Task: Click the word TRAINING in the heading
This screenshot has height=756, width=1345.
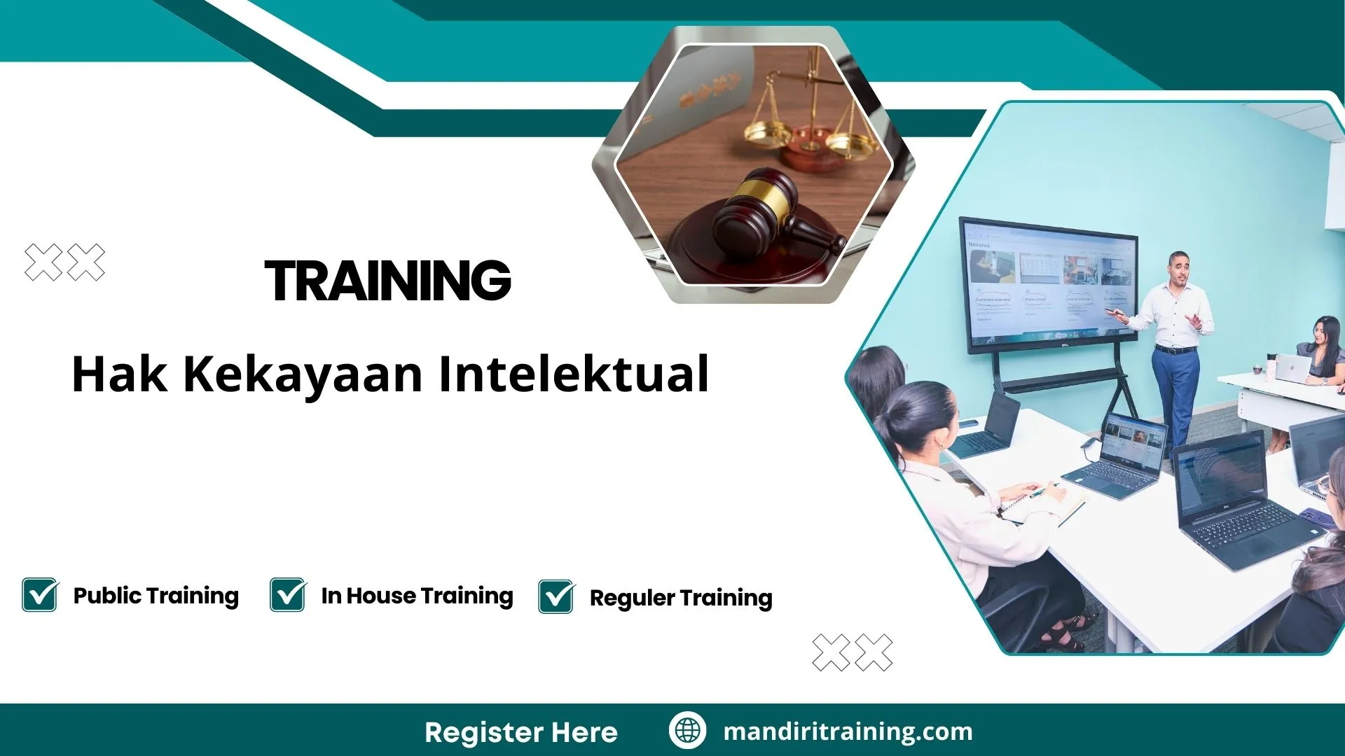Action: coord(387,281)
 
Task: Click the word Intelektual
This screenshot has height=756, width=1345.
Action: coord(574,374)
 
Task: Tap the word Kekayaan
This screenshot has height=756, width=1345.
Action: coord(303,374)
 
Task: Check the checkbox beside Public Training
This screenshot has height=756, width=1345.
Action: coord(40,595)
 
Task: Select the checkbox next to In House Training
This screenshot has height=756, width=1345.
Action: coord(287,595)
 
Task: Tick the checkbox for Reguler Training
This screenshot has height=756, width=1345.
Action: coord(556,597)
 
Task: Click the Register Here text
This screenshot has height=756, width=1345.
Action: coord(520,732)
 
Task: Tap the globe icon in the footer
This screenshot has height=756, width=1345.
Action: coord(687,731)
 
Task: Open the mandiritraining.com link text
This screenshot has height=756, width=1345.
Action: coord(848,731)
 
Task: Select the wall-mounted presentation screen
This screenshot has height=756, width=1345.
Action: coord(1047,283)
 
